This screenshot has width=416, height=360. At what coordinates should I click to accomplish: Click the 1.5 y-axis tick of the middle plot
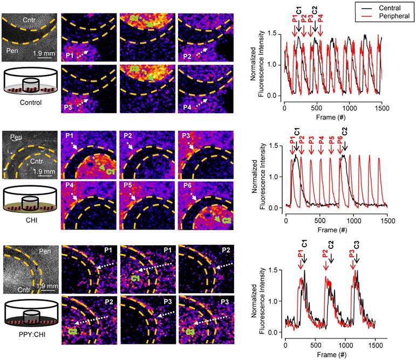click(277, 146)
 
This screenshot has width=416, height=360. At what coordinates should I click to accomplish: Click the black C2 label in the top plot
click(315, 10)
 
